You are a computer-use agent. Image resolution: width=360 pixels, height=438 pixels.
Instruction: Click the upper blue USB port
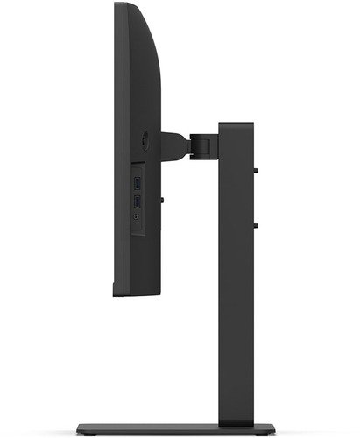138,183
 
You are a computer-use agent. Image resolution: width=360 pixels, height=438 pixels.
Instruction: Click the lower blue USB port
138,201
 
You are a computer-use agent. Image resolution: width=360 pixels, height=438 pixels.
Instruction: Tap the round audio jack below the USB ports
138,215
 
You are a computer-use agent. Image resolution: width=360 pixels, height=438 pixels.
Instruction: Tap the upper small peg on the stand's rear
255,169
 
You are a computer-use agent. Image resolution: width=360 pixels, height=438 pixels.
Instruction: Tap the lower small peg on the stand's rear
255,225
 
